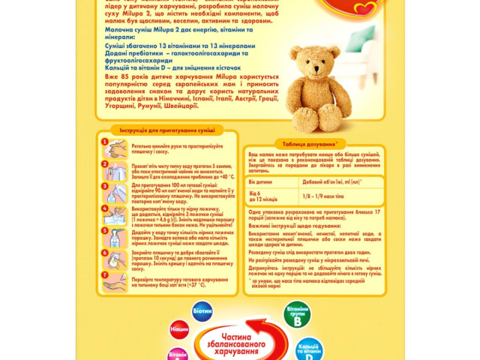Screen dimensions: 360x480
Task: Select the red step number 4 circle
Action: tap(104, 212)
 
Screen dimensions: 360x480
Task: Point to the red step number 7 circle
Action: tap(104, 275)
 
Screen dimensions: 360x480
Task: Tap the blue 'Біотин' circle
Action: tap(202, 310)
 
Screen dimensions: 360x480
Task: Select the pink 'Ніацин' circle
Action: tap(179, 330)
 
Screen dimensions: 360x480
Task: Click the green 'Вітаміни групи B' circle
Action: tap(298, 314)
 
